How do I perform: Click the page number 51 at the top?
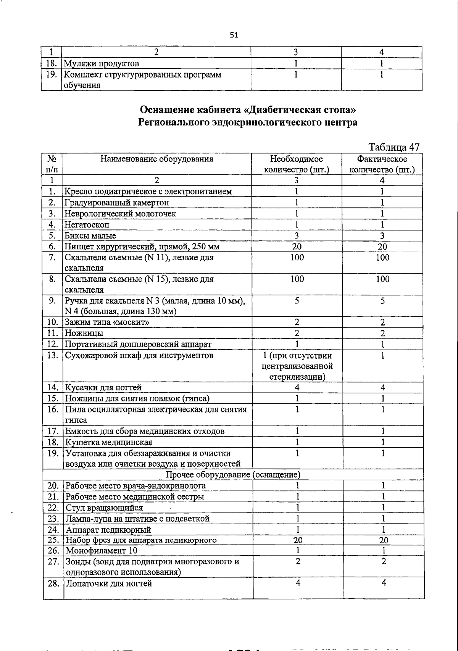pyautogui.click(x=234, y=35)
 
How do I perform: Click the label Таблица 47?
pyautogui.click(x=394, y=147)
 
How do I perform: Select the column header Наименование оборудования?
pyautogui.click(x=156, y=159)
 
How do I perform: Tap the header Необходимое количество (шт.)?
pyautogui.click(x=296, y=164)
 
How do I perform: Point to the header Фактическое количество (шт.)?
pyautogui.click(x=382, y=164)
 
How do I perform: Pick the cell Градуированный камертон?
pyautogui.click(x=116, y=203)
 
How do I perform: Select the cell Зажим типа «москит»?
pyautogui.click(x=107, y=322)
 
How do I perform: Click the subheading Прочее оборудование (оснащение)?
pyautogui.click(x=233, y=475)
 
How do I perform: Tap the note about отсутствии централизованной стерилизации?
pyautogui.click(x=297, y=366)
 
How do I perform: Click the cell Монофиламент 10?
pyautogui.click(x=102, y=551)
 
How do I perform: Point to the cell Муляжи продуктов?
pyautogui.click(x=101, y=63)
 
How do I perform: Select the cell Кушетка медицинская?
pyautogui.click(x=109, y=443)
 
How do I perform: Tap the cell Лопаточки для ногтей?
pyautogui.click(x=109, y=583)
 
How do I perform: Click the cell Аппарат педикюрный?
pyautogui.click(x=108, y=530)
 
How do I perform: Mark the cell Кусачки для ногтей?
pyautogui.click(x=103, y=388)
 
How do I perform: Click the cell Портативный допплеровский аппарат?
pyautogui.click(x=138, y=345)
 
